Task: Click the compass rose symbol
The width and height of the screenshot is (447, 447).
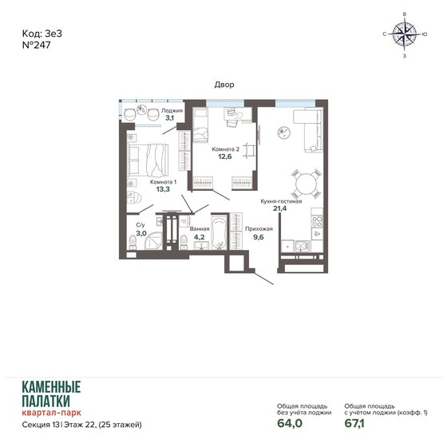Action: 405,34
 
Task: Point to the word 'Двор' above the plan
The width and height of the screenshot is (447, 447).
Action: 223,84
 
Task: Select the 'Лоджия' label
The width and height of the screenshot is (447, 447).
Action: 172,111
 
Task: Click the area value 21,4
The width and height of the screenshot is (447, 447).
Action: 279,210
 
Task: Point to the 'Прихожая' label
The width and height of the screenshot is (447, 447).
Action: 238,228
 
